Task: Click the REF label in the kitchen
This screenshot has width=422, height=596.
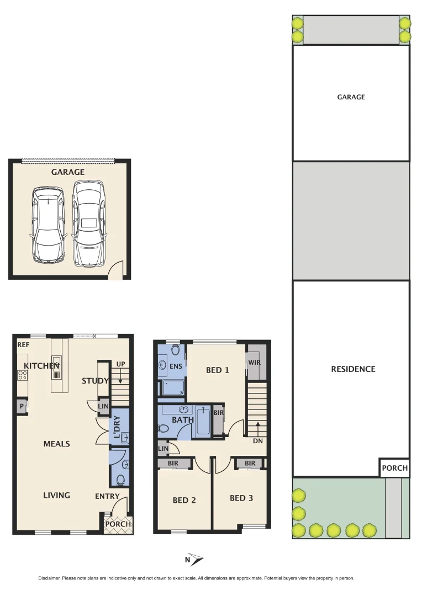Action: [x=23, y=345]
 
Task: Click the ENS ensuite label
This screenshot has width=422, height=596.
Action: [x=176, y=366]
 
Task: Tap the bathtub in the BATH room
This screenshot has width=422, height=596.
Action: [x=203, y=421]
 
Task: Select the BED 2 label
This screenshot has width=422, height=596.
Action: [x=184, y=500]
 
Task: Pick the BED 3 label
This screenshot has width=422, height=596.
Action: [x=241, y=498]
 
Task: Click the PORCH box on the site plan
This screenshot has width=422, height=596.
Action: [x=394, y=468]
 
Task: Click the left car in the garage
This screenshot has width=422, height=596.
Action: [x=49, y=224]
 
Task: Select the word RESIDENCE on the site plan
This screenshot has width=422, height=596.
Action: [x=352, y=369]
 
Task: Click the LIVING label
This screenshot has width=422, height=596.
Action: [x=56, y=495]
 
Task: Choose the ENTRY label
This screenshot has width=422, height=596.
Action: [x=107, y=496]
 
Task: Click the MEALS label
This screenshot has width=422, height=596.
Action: [x=56, y=443]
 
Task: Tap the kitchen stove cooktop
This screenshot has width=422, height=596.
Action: [x=23, y=375]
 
